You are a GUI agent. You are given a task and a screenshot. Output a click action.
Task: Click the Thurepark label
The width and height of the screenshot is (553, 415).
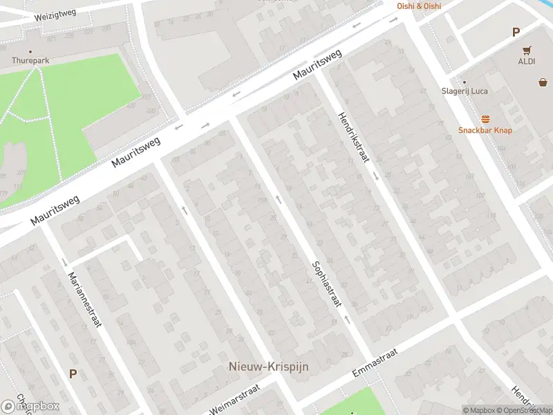point(30,61)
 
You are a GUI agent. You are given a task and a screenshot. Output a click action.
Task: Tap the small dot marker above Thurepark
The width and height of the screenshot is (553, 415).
point(30,51)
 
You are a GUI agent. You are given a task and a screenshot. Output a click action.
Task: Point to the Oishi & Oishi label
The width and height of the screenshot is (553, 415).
point(419,6)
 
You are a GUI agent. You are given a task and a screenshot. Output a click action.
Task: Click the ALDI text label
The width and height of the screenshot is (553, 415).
point(527,61)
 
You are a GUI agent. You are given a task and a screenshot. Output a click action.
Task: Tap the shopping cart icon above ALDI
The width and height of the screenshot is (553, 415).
point(527,50)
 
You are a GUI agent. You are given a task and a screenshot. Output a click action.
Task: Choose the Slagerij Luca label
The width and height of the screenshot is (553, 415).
point(464,91)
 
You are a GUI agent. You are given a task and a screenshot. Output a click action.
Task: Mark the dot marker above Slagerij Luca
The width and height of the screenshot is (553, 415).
point(464,82)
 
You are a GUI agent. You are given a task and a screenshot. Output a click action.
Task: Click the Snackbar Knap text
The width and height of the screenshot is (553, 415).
point(485,130)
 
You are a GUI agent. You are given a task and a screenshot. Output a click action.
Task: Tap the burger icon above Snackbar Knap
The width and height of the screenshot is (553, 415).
point(485,119)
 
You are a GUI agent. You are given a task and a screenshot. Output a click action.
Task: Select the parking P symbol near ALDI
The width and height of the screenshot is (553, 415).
point(515,32)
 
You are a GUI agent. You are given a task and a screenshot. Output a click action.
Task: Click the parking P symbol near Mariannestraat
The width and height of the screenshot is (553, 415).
point(73,373)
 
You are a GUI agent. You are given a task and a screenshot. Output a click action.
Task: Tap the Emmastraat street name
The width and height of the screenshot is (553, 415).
point(375,363)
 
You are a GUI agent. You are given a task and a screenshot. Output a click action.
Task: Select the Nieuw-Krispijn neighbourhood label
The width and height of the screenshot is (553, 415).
point(268,367)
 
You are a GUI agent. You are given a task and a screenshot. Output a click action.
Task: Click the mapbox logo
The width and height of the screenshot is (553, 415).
point(30,406)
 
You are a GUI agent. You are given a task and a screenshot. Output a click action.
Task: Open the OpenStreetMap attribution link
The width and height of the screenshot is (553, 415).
point(522,410)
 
